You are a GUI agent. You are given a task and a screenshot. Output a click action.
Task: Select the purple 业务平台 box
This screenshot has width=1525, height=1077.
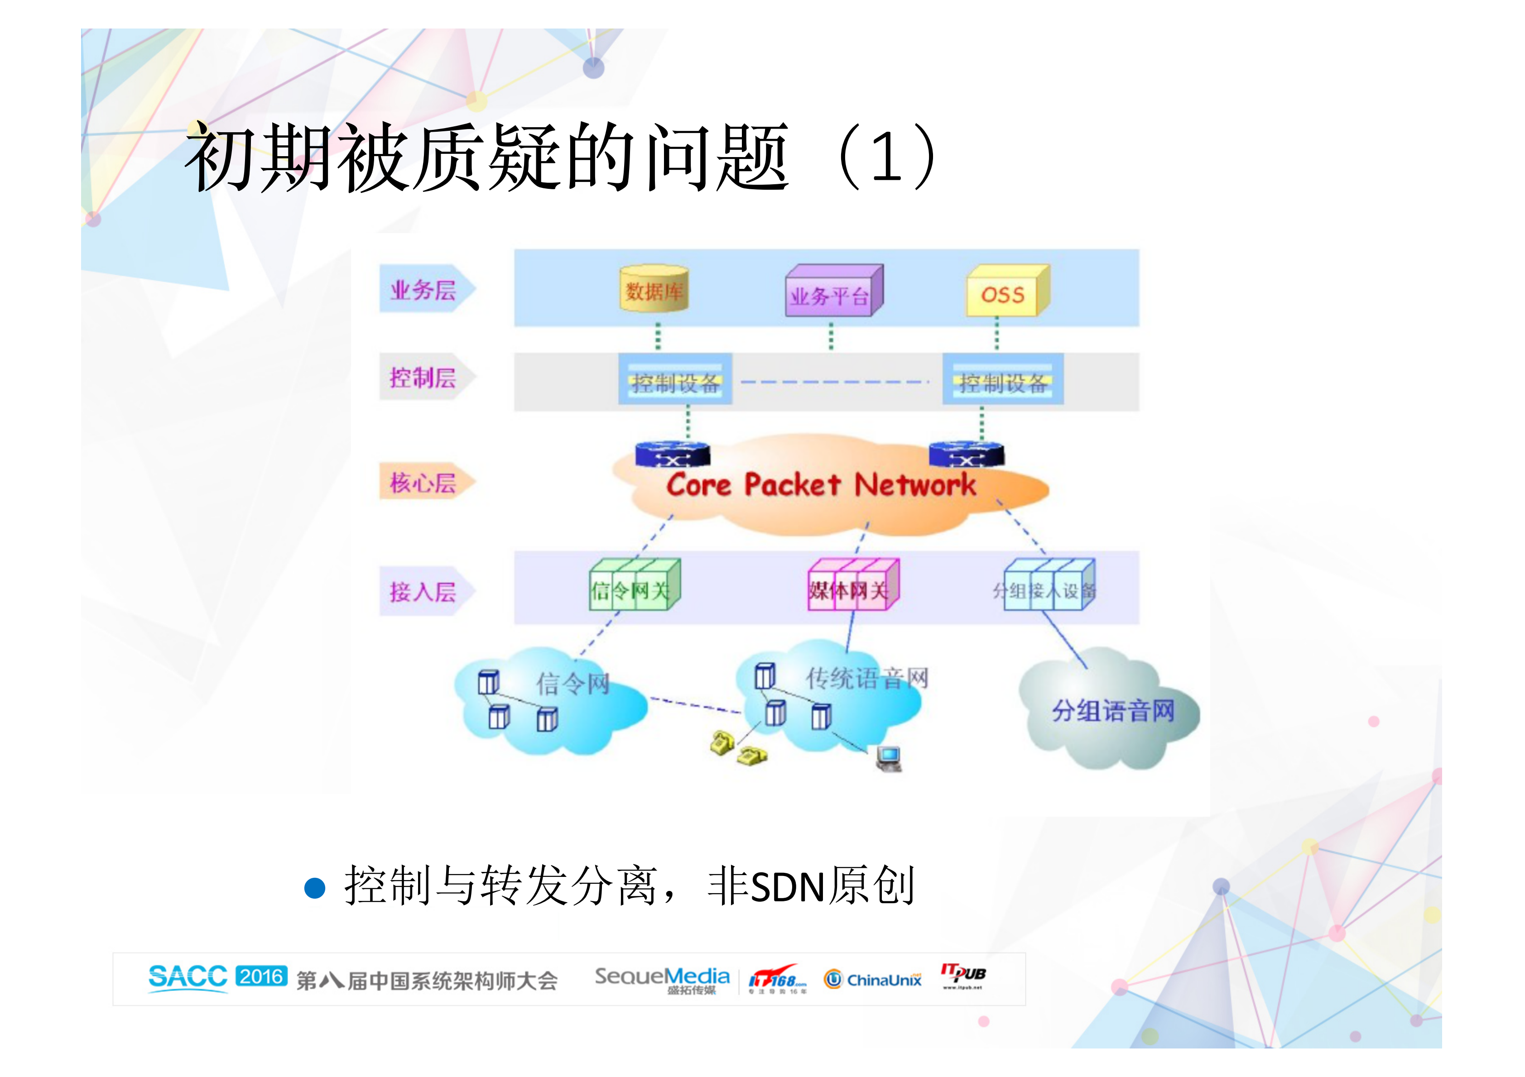coord(833,292)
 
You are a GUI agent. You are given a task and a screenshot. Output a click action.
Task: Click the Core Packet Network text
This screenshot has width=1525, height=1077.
coord(821,485)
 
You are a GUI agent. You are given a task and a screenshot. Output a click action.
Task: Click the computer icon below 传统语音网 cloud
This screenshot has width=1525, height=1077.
coord(889,758)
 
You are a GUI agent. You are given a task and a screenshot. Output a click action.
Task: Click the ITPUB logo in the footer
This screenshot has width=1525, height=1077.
coord(962,976)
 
